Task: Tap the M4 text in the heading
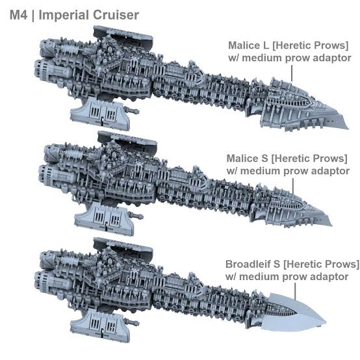click(x=19, y=15)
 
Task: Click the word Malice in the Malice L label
click(x=245, y=45)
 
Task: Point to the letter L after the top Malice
click(x=266, y=45)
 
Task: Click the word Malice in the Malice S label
click(x=243, y=158)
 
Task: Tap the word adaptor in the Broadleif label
click(x=331, y=276)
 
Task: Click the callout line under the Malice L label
click(x=292, y=73)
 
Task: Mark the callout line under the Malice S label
click(x=293, y=186)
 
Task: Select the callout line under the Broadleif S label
click(x=295, y=291)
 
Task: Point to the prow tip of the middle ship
click(x=331, y=225)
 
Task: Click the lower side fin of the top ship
click(x=101, y=113)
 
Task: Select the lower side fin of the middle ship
click(x=105, y=218)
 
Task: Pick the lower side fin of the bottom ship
click(x=101, y=325)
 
